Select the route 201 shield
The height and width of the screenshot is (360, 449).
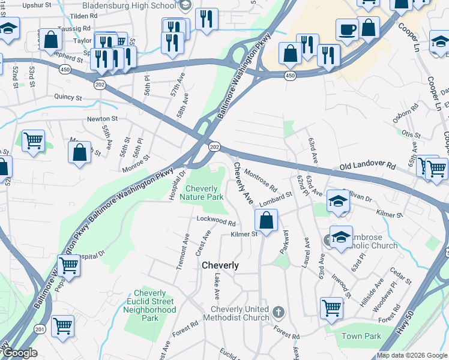point(40,328)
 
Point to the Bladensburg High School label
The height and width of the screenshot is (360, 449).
point(130,5)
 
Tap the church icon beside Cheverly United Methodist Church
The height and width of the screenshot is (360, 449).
point(277,312)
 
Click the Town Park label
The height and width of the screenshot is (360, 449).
point(360,337)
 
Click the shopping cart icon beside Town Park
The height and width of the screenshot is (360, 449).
point(331,307)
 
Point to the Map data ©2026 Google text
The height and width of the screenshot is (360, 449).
point(412,355)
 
